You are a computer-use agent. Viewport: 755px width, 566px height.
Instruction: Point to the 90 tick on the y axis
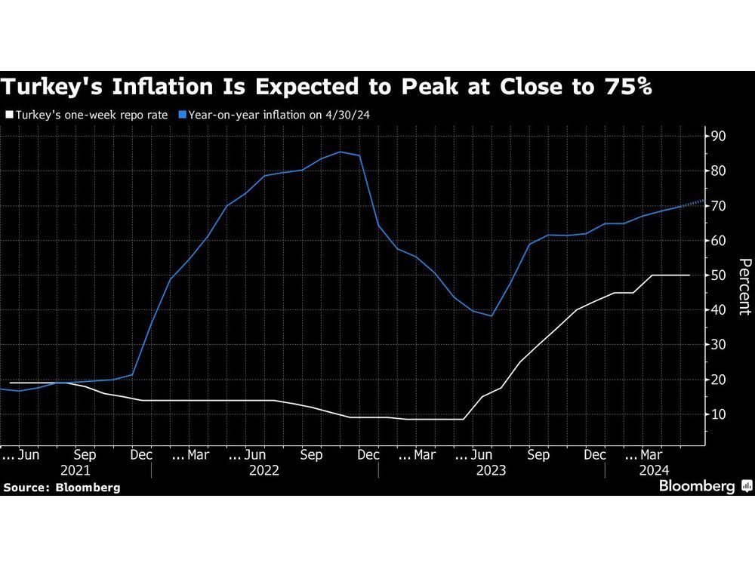[x=717, y=137]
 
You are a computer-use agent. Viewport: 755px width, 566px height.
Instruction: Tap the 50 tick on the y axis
[x=717, y=275]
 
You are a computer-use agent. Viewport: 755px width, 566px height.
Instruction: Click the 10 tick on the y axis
[x=717, y=414]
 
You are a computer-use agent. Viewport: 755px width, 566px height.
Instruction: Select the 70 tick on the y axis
[x=717, y=206]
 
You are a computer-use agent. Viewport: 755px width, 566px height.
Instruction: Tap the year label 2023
[x=492, y=470]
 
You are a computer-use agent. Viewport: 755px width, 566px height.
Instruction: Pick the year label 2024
[x=654, y=470]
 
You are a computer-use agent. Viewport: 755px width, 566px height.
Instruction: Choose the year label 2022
[x=264, y=470]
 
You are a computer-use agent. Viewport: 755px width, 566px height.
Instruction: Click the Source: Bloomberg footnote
[x=62, y=488]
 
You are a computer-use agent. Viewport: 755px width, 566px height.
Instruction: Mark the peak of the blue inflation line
[x=340, y=152]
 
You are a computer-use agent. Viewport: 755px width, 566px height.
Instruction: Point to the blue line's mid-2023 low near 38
[x=492, y=315]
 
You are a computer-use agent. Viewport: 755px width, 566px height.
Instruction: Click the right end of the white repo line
[x=689, y=275]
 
